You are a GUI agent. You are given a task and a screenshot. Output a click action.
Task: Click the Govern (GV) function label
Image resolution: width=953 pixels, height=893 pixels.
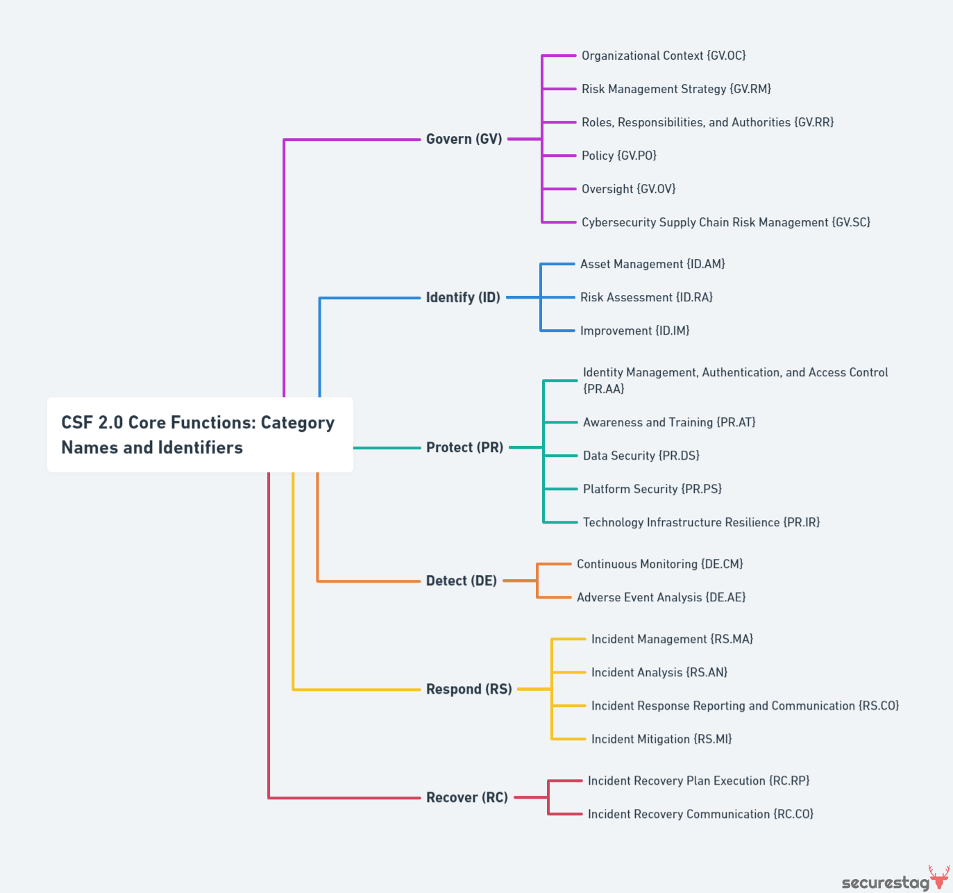[x=464, y=139]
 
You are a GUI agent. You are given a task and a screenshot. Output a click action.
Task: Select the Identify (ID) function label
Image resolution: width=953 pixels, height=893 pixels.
[x=463, y=297]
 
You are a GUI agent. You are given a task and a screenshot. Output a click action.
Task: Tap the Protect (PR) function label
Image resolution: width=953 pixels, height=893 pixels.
[x=464, y=447]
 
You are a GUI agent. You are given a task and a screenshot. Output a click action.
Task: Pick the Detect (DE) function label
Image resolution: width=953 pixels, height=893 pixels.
[x=461, y=581]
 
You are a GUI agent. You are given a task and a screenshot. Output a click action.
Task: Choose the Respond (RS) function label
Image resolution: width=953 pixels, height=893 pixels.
[x=469, y=689]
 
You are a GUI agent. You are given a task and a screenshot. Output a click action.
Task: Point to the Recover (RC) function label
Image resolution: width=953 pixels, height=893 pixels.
[x=466, y=797]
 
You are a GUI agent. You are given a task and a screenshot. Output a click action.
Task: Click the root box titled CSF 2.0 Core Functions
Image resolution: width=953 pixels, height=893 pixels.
[x=199, y=435]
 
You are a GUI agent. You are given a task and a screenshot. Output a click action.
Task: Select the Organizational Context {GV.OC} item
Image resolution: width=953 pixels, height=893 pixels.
[x=663, y=56]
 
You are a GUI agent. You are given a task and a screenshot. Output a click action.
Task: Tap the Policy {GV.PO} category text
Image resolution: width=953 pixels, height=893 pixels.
[x=618, y=156]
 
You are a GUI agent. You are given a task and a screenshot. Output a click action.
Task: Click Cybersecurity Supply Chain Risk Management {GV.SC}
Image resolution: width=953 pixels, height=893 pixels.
[x=725, y=222]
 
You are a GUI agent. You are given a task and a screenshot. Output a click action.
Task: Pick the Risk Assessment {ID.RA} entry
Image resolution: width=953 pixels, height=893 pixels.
[x=646, y=297]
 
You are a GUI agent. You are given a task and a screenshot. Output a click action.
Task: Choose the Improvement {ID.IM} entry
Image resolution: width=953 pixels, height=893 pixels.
[x=634, y=331]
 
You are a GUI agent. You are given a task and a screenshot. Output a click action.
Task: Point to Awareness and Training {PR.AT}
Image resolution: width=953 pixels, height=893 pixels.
[x=668, y=422]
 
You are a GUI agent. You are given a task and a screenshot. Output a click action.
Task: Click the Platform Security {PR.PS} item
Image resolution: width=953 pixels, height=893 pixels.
[x=652, y=489]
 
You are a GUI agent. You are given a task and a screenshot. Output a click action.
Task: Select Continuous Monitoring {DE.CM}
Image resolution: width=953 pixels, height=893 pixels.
[x=659, y=564]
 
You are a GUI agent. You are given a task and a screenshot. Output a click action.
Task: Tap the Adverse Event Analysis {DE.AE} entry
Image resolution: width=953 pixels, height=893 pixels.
[x=661, y=597]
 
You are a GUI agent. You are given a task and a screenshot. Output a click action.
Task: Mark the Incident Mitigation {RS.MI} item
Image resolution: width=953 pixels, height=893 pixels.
[x=661, y=739]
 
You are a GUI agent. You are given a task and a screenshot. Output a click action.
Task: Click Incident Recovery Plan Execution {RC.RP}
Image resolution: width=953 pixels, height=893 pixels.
[x=698, y=781]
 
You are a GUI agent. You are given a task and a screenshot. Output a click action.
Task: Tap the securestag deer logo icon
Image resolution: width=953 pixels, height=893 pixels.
[x=939, y=877]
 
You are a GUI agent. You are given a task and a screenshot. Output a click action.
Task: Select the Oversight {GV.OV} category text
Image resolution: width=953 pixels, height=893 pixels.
[x=628, y=189]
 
